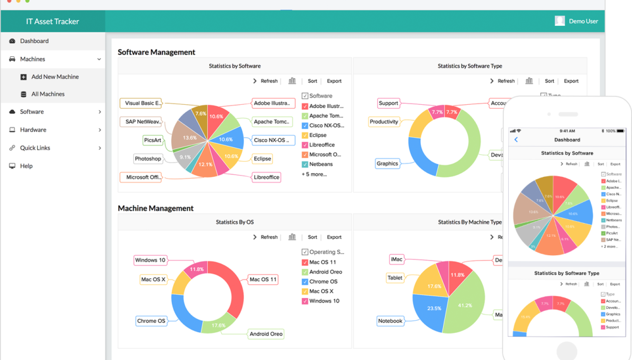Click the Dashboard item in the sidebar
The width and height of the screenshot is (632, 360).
pyautogui.click(x=34, y=41)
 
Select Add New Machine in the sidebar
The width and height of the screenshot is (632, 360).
pyautogui.click(x=55, y=77)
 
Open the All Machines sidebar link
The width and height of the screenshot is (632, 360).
pyautogui.click(x=48, y=94)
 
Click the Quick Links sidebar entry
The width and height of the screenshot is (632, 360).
pyautogui.click(x=35, y=148)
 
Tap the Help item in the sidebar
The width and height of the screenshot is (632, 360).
pyautogui.click(x=26, y=166)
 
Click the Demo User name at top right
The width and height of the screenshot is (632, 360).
pyautogui.click(x=583, y=21)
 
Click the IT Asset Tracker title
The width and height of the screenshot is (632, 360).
pyautogui.click(x=52, y=21)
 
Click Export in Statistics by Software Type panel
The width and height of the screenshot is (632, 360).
pyautogui.click(x=571, y=81)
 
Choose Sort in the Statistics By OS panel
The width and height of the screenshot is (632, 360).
pyautogui.click(x=312, y=237)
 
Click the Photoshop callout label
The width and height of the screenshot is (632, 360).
pyautogui.click(x=148, y=159)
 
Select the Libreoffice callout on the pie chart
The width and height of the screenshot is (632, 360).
pyautogui.click(x=266, y=177)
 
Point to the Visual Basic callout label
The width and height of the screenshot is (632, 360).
pyautogui.click(x=141, y=103)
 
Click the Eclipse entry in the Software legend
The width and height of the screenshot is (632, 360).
pyautogui.click(x=318, y=135)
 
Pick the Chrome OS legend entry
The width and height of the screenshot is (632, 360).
pyautogui.click(x=323, y=282)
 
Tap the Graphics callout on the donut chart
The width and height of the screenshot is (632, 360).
pyautogui.click(x=387, y=164)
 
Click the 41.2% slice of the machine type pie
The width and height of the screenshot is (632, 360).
pyautogui.click(x=465, y=305)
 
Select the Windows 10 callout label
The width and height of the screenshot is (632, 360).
pyautogui.click(x=150, y=260)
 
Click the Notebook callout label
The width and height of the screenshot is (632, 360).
pyautogui.click(x=390, y=321)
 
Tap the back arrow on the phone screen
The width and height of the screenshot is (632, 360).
pyautogui.click(x=516, y=140)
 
